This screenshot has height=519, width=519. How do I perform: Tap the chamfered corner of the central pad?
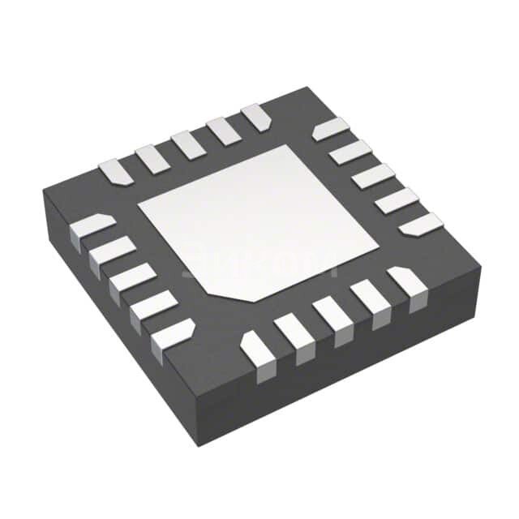[212, 285]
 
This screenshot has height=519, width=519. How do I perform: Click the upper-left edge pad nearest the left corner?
[114, 170]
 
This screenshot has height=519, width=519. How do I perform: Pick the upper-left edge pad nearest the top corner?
[255, 117]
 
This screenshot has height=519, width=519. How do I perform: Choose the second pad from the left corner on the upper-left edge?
[151, 157]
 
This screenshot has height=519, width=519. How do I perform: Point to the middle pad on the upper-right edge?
[373, 175]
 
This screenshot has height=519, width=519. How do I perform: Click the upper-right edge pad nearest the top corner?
[331, 129]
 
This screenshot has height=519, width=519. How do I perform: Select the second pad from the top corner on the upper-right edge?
[350, 152]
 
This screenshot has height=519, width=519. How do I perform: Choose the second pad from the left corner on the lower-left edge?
[111, 254]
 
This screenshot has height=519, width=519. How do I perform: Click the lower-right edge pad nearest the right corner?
[407, 285]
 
